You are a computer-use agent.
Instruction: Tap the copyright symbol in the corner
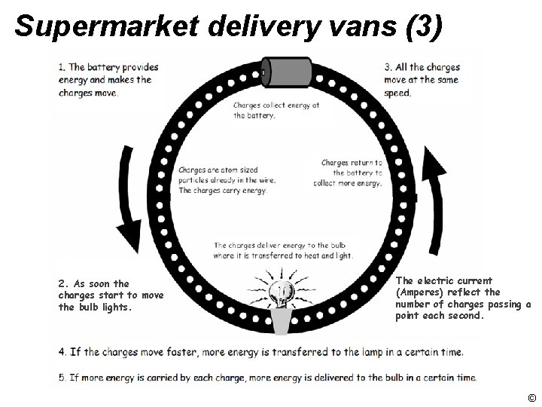[x=531, y=397]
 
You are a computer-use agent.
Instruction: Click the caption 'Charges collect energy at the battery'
[x=276, y=110]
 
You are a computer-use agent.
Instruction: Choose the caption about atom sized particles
[x=227, y=180]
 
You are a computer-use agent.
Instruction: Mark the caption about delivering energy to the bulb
[x=282, y=250]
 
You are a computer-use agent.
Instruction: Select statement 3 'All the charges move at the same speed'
[x=422, y=80]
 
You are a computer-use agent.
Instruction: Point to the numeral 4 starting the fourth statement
[x=60, y=352]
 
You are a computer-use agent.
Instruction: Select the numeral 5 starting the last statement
[x=60, y=377]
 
